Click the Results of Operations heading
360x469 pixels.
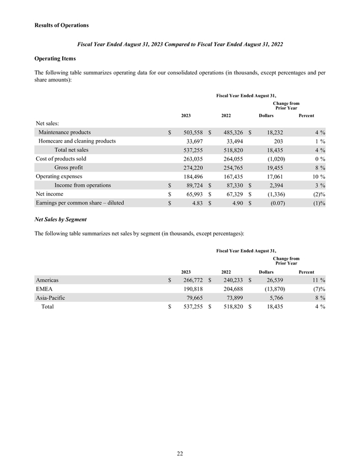(x=62, y=26)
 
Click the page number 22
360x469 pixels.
(x=180, y=452)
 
